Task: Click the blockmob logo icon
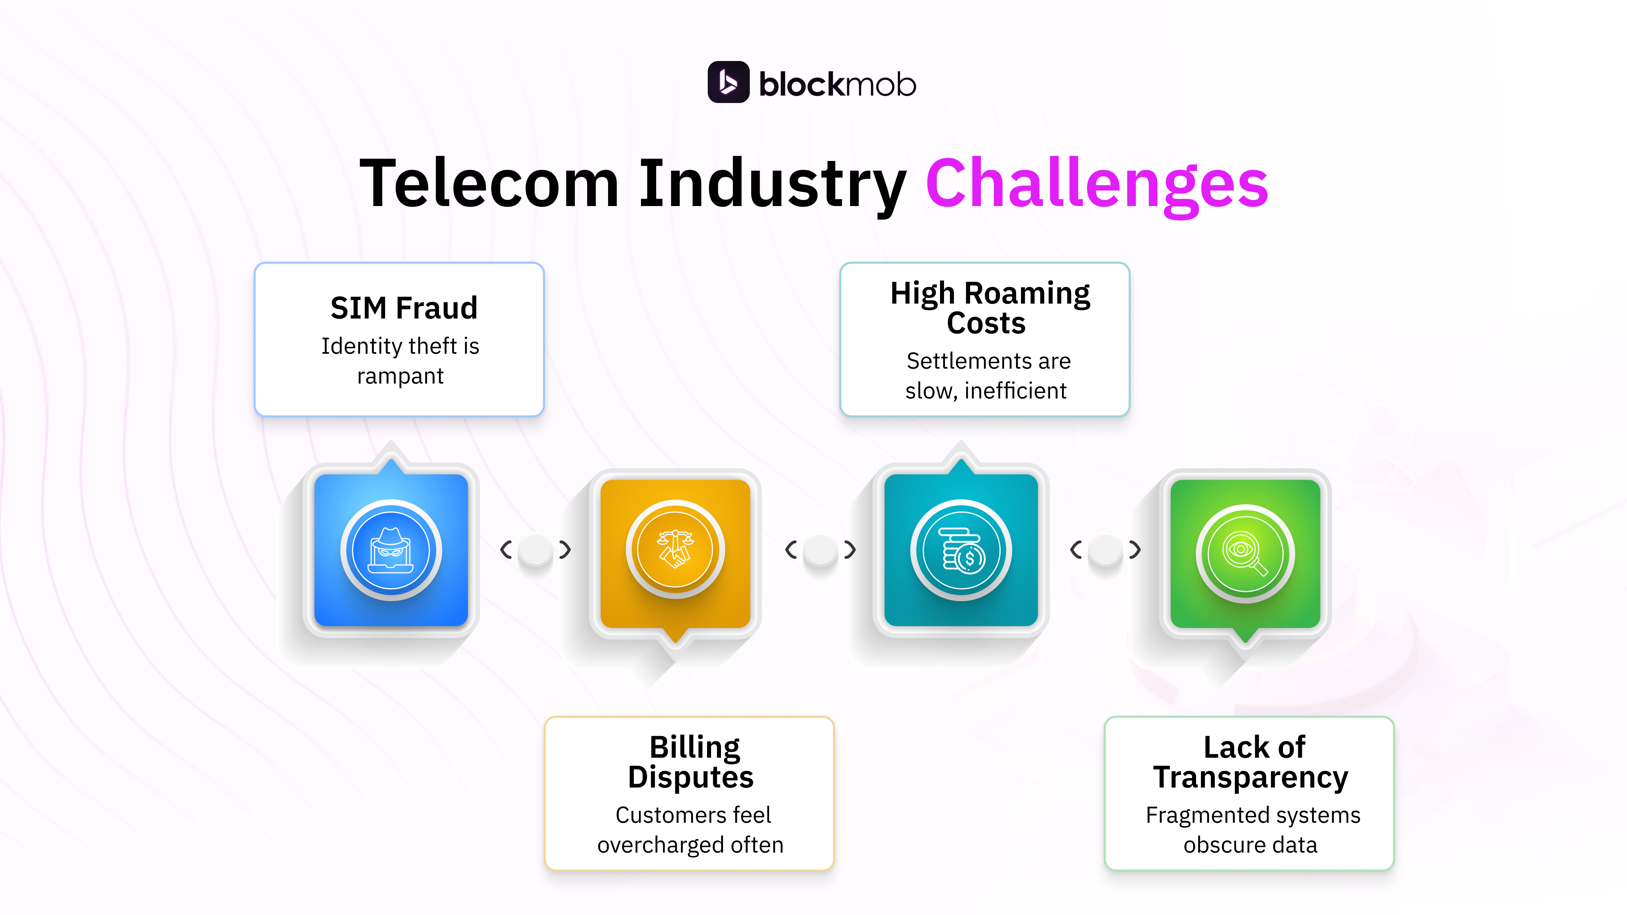728,82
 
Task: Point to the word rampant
400,377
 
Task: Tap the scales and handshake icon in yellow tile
675,549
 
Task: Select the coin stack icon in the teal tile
961,549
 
